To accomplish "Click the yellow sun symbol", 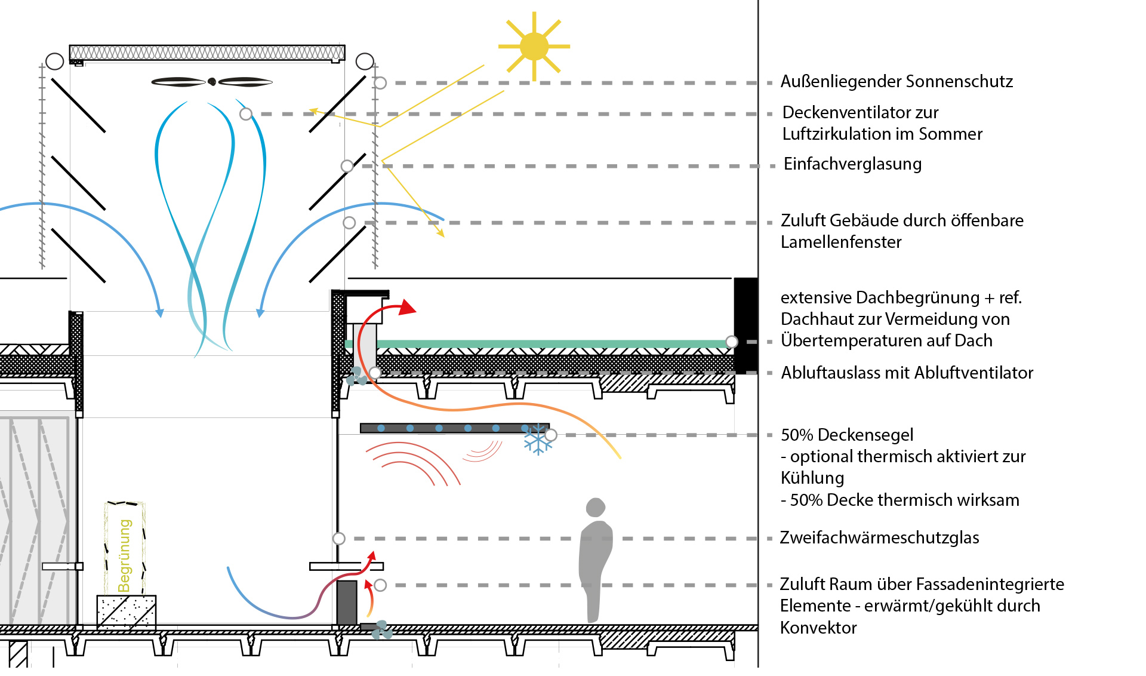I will [534, 47].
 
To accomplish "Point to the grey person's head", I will [596, 507].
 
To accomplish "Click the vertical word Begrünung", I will [125, 555].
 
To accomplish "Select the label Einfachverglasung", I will [852, 164].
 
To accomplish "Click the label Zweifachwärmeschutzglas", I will [879, 537].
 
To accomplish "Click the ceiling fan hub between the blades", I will [212, 82].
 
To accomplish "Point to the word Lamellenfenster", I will [840, 242].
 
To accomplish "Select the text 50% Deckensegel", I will [847, 435].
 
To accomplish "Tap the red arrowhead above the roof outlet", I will [408, 307].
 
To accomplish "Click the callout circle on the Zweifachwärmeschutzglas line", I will [339, 539].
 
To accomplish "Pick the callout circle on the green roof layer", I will [732, 342].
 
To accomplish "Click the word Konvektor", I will [818, 628].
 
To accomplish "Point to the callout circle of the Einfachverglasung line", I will [347, 166].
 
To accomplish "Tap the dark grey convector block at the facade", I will [347, 602].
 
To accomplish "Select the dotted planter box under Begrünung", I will [127, 612].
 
